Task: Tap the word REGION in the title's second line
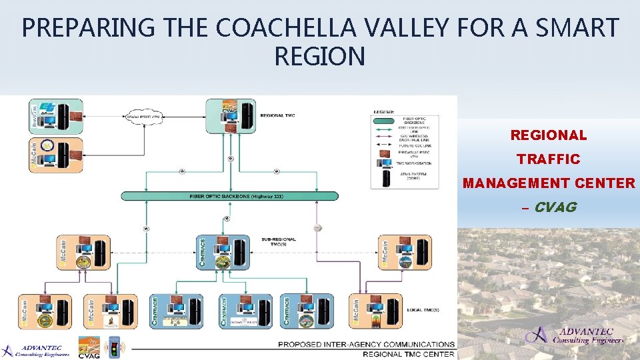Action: click(319, 57)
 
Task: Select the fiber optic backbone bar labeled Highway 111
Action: click(230, 196)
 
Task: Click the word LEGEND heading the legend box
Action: click(384, 111)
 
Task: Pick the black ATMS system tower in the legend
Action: click(386, 177)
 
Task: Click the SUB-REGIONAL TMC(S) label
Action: click(279, 242)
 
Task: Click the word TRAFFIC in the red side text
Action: click(548, 159)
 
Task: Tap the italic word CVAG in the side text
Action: click(555, 207)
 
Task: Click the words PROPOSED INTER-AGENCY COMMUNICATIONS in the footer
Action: click(366, 344)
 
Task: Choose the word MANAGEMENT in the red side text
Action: click(549, 183)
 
